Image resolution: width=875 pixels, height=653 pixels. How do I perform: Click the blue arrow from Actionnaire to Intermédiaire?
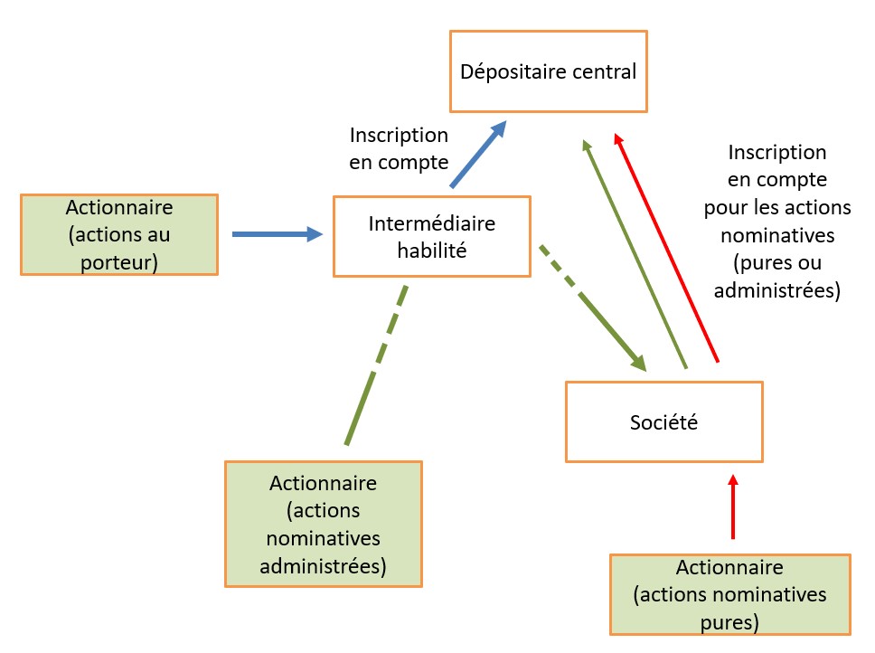(x=278, y=234)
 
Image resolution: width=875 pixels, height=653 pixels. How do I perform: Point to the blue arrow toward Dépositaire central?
(x=478, y=154)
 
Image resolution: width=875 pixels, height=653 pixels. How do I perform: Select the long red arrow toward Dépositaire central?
(x=665, y=247)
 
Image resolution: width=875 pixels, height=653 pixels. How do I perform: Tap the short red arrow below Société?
(x=733, y=506)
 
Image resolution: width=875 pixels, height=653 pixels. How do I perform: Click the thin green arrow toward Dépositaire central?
(x=635, y=254)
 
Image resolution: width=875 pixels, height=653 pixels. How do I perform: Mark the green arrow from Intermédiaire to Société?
(x=593, y=308)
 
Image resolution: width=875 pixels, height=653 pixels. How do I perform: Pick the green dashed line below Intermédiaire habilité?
(x=376, y=365)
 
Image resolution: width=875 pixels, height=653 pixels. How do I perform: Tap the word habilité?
(x=432, y=251)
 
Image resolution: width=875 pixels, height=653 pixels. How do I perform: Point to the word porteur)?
(x=119, y=262)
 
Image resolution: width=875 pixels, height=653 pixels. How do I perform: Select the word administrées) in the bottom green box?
(x=323, y=566)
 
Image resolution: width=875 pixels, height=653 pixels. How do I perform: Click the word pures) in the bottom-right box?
(x=729, y=622)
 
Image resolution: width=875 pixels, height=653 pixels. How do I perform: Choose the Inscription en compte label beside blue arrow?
(x=399, y=148)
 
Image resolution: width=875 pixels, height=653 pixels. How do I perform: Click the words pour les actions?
(x=777, y=207)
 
